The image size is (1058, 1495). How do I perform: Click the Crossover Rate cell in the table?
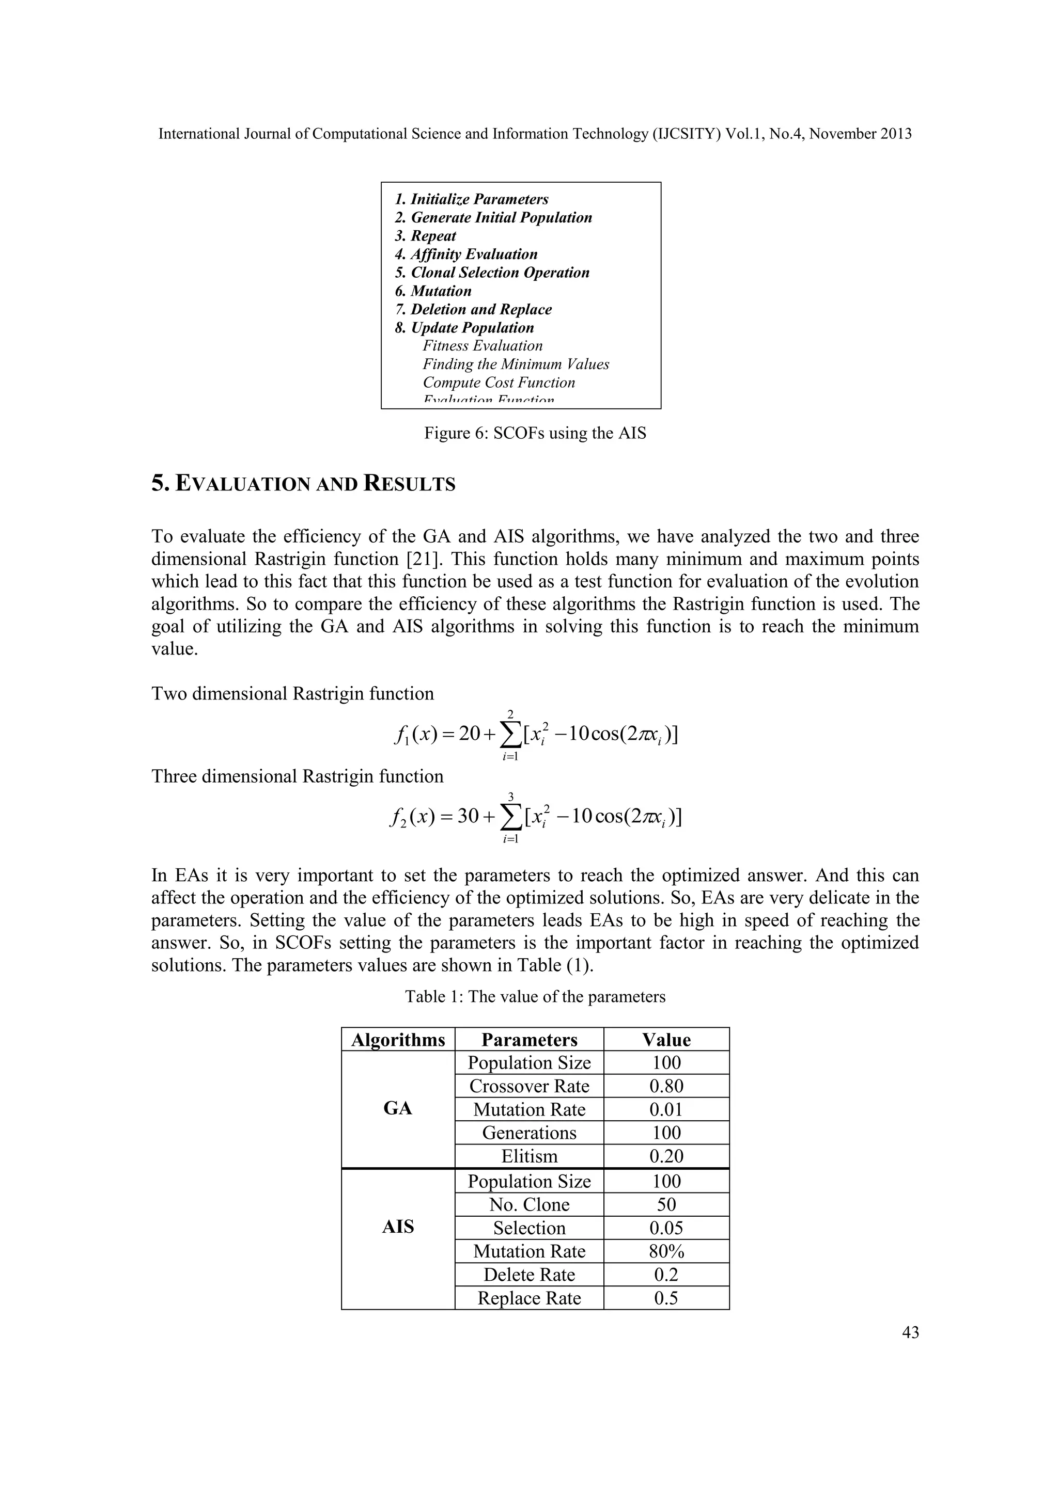(529, 1086)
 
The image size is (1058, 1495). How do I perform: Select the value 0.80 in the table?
(666, 1086)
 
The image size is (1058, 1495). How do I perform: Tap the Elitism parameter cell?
(529, 1156)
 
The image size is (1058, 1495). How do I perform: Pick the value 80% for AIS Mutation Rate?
(666, 1251)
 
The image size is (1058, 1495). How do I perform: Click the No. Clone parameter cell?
(529, 1204)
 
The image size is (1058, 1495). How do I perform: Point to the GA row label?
(397, 1109)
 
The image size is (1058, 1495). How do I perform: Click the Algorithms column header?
(397, 1040)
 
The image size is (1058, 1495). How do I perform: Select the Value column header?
(666, 1040)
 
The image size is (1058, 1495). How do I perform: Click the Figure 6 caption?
(535, 433)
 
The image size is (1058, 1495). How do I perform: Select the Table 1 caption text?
(535, 997)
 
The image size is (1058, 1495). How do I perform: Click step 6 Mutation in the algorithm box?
(433, 291)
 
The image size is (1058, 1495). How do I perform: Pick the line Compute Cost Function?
(499, 383)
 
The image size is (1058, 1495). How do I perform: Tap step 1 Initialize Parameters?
(472, 199)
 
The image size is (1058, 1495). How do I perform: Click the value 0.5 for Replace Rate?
(666, 1298)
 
